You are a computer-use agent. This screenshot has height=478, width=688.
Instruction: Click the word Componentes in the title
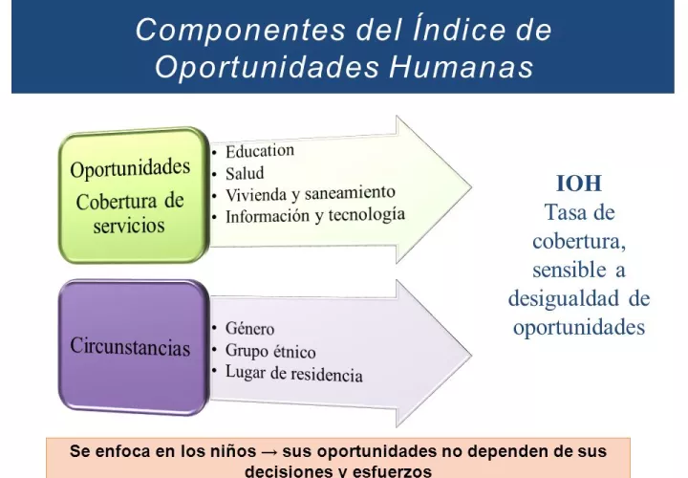(241, 31)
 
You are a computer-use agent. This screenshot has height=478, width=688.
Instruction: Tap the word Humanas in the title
(462, 67)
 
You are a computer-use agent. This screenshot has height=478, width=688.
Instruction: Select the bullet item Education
(260, 150)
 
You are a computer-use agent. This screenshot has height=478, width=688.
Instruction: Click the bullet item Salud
(245, 173)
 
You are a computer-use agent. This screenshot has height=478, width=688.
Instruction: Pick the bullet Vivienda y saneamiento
(311, 193)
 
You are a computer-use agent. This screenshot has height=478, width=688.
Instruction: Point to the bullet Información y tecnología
(315, 215)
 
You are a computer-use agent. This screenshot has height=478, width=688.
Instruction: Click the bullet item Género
(249, 328)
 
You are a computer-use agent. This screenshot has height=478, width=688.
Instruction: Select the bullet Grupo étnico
(270, 351)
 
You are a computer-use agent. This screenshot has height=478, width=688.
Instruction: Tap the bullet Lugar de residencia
(294, 374)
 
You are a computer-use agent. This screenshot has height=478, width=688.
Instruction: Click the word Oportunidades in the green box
(130, 168)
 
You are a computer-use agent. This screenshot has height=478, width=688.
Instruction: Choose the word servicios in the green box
(129, 226)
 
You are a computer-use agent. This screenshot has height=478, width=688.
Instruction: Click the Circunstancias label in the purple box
(130, 346)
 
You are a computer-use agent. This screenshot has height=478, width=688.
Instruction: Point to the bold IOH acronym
(579, 184)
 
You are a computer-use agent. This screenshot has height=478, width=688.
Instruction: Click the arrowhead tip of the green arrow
(472, 187)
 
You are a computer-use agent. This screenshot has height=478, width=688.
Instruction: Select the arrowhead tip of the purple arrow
(472, 354)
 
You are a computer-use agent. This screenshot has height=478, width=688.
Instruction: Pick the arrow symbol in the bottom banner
(269, 451)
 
